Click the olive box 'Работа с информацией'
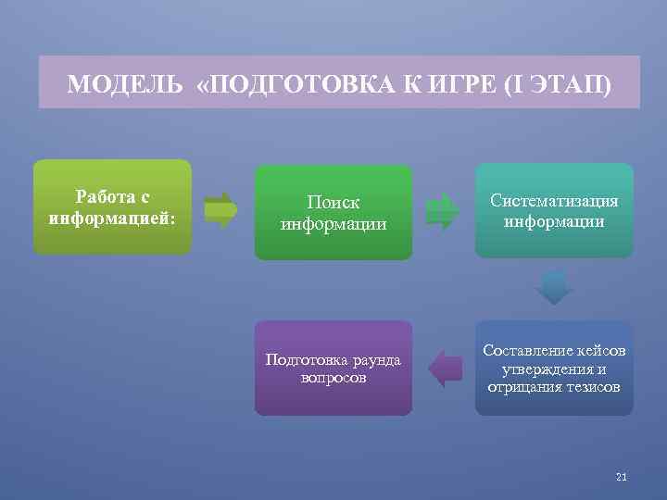[112, 207]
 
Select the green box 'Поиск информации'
[333, 213]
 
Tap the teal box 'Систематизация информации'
[554, 211]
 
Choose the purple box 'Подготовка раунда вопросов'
[333, 369]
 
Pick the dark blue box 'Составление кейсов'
[554, 369]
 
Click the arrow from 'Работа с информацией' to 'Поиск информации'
[220, 210]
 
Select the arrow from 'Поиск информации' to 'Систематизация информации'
[442, 210]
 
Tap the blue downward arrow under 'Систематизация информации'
[555, 288]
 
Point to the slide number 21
[621, 477]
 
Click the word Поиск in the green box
[333, 202]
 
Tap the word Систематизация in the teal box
[554, 201]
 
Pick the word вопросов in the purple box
[333, 379]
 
